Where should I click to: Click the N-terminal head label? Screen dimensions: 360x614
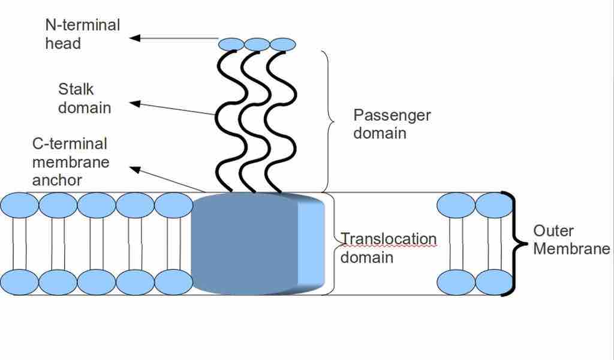point(82,34)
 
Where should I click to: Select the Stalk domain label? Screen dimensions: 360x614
point(84,98)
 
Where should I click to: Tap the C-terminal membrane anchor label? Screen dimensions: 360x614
point(70,162)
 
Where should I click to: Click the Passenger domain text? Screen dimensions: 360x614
point(392,124)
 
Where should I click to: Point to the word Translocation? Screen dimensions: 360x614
point(389,239)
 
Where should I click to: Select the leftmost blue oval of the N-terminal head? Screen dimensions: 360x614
point(231,44)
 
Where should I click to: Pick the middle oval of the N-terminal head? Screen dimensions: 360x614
point(257,44)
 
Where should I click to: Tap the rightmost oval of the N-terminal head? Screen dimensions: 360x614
point(283,44)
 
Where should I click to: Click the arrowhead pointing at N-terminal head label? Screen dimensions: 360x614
point(136,38)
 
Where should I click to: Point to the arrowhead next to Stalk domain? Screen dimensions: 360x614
point(136,104)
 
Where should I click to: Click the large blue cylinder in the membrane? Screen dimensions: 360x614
point(246,243)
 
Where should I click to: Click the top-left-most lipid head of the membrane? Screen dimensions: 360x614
point(19,205)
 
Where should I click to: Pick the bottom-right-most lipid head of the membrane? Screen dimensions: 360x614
point(494,282)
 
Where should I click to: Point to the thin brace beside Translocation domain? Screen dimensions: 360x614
point(332,243)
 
